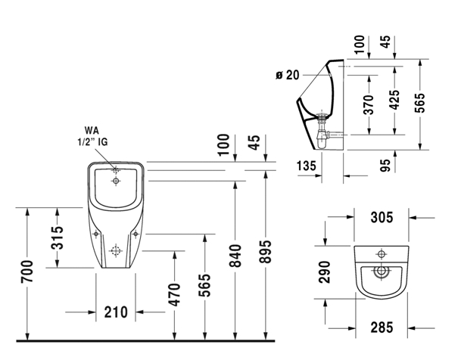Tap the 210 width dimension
coord(114,312)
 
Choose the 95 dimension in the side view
coord(385,164)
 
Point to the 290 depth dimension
coord(325,271)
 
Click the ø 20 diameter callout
coord(288,74)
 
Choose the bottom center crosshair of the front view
coord(116,250)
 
